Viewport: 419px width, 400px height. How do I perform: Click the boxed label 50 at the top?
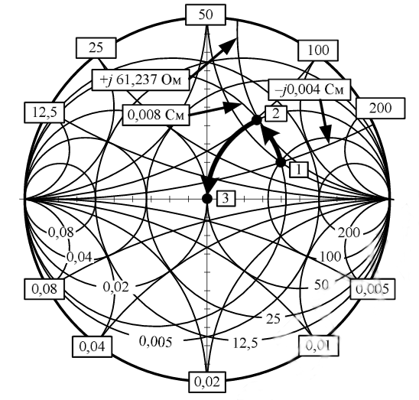(206, 15)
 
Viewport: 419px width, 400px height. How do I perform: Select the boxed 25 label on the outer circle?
(96, 48)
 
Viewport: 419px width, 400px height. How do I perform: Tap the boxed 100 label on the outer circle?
(318, 50)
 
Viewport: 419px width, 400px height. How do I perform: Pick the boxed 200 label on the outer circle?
(381, 108)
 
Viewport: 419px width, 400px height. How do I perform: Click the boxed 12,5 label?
(44, 112)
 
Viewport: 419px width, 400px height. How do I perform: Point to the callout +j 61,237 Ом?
(141, 80)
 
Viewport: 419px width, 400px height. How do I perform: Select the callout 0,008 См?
(156, 115)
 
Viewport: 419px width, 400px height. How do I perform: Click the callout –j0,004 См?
(310, 89)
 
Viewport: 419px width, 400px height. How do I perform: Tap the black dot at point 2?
(257, 120)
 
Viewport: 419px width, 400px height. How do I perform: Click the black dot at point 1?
(281, 163)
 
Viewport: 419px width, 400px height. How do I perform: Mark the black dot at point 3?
(207, 199)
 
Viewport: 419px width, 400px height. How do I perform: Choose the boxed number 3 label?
(226, 199)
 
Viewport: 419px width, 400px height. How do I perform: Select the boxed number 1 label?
(299, 169)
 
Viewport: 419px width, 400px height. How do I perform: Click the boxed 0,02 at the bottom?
(207, 382)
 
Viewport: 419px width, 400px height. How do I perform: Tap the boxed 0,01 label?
(318, 346)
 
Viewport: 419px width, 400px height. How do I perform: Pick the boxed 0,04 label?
(93, 346)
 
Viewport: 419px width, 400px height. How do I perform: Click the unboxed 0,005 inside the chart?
(156, 341)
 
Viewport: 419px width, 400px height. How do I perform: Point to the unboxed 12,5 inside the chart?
(245, 343)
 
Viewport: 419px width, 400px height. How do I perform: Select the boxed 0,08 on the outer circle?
(44, 289)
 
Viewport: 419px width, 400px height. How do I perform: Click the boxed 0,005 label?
(373, 289)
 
